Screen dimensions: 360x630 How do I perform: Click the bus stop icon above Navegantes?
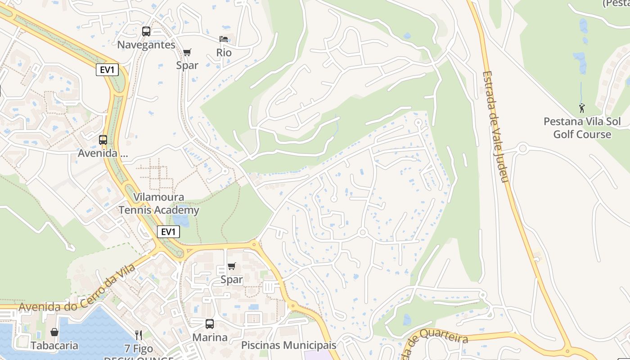(146, 31)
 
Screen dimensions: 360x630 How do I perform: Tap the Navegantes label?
(146, 45)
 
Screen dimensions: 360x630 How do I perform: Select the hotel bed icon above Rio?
(224, 39)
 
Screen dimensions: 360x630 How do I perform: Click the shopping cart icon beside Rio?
(187, 52)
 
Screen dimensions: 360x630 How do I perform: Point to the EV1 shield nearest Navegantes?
(107, 70)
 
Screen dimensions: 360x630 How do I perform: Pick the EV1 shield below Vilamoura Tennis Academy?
(168, 232)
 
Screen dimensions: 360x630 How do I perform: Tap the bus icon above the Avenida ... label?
(103, 140)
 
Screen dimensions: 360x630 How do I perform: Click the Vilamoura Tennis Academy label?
(159, 204)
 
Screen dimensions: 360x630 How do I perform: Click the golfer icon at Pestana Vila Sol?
(582, 108)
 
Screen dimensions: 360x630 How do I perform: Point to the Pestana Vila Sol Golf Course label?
(582, 128)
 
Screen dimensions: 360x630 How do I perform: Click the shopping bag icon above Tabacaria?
(54, 332)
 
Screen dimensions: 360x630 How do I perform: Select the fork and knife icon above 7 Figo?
(139, 335)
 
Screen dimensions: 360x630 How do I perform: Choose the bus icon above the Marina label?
(210, 324)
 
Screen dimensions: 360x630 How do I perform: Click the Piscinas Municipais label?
(289, 346)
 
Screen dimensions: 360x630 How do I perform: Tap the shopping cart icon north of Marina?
(232, 266)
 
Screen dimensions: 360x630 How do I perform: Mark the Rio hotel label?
(224, 53)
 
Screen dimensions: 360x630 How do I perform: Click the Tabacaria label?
(54, 346)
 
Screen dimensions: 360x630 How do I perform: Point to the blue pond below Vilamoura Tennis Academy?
(181, 220)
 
